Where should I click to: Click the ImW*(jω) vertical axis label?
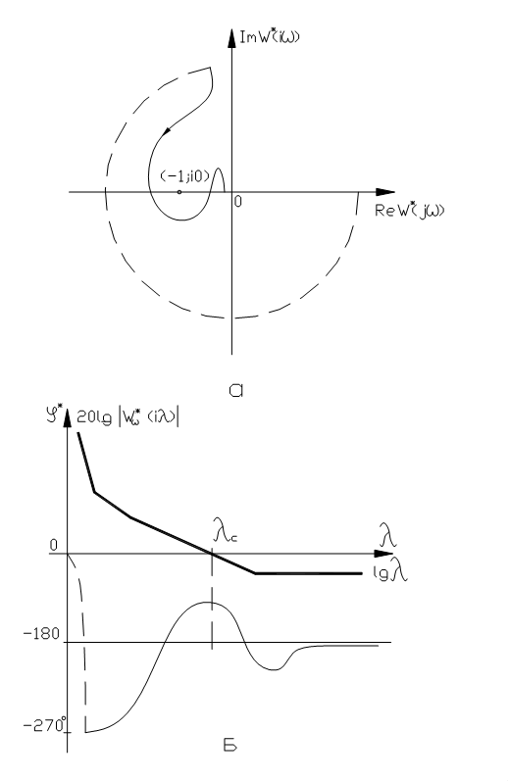tap(270, 37)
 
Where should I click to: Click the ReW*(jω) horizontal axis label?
tap(409, 210)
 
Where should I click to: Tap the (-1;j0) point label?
tap(185, 175)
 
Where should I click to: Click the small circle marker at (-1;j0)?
tap(179, 192)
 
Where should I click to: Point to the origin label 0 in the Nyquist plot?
tap(237, 201)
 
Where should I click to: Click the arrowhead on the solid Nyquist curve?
tap(167, 130)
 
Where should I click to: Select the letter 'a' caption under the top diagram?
tap(235, 390)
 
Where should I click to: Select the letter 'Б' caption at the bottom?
tap(229, 746)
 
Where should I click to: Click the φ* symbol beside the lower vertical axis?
tap(53, 415)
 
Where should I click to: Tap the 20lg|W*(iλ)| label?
tap(128, 415)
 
